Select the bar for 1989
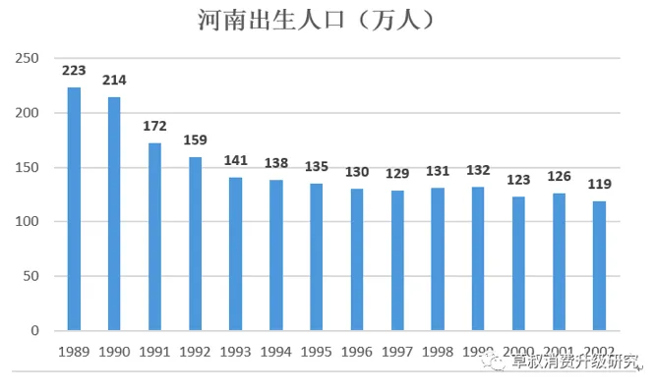tap(74, 208)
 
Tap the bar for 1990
tap(114, 213)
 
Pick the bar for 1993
tap(235, 253)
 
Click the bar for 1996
tap(357, 259)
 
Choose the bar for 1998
tap(438, 258)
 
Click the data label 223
tap(74, 71)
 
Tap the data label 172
tap(155, 127)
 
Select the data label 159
tap(196, 140)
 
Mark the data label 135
tap(317, 166)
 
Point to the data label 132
tap(478, 170)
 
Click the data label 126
tap(559, 177)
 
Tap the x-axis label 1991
tap(155, 351)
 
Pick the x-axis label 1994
tap(276, 351)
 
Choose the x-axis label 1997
tap(397, 351)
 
